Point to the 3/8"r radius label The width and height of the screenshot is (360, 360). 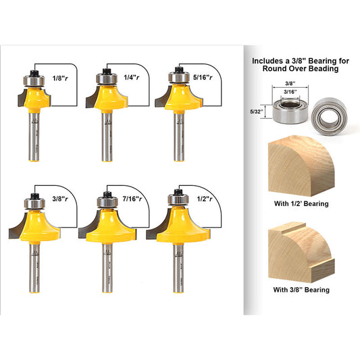(59, 201)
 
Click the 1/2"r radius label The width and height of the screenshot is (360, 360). (197, 201)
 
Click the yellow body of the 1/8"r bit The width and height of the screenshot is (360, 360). (34, 102)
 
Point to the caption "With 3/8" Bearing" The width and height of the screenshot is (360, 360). (301, 290)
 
